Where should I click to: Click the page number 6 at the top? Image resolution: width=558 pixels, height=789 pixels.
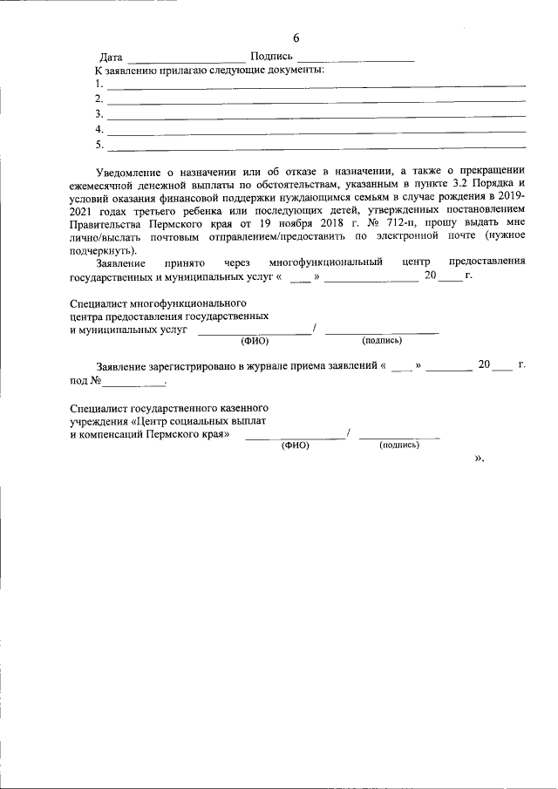(296, 38)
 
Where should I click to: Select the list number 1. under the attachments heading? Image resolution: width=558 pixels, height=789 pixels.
(99, 85)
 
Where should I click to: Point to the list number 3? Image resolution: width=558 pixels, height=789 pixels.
(99, 114)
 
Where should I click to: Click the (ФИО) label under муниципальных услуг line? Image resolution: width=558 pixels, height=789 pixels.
(254, 341)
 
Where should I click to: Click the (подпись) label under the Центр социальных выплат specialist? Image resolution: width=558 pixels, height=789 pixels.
(398, 445)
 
